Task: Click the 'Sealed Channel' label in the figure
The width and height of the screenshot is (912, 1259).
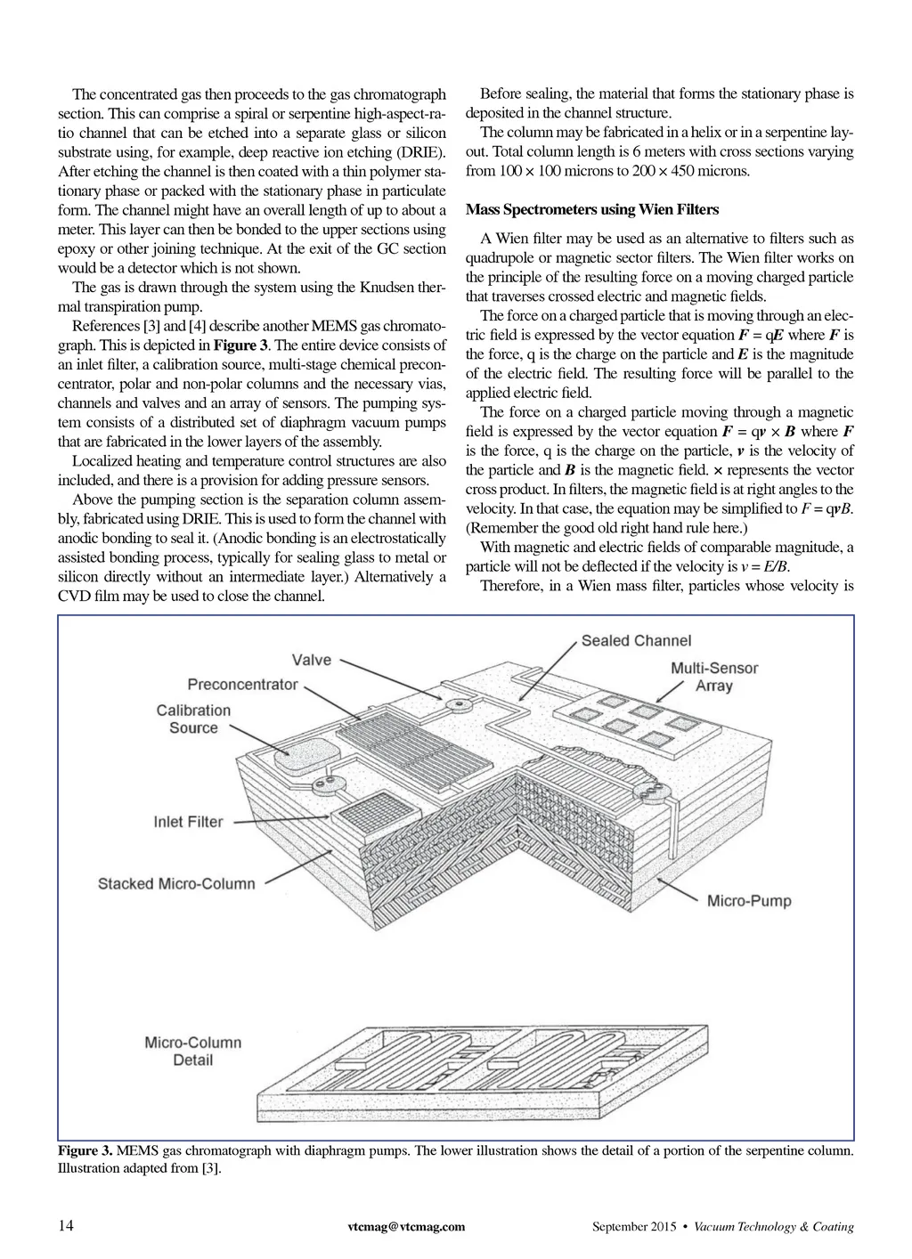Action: [x=636, y=640]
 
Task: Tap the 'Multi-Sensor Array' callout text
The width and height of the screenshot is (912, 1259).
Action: [x=713, y=677]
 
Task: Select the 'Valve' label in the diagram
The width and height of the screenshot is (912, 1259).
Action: [x=311, y=660]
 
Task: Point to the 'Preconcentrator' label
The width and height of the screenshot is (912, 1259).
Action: [x=242, y=685]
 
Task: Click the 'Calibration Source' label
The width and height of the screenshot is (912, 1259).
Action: [x=193, y=719]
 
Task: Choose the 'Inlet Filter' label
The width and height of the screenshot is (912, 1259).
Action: [x=188, y=822]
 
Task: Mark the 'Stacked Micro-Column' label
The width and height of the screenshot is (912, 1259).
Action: [x=176, y=884]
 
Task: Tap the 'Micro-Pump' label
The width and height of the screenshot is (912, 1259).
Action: [x=749, y=901]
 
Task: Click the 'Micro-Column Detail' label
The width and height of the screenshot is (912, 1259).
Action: [x=192, y=1051]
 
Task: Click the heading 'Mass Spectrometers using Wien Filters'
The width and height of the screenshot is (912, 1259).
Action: [x=591, y=210]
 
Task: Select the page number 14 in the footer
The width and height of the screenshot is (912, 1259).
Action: [x=66, y=1226]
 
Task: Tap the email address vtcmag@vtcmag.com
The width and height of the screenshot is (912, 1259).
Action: [x=405, y=1227]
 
